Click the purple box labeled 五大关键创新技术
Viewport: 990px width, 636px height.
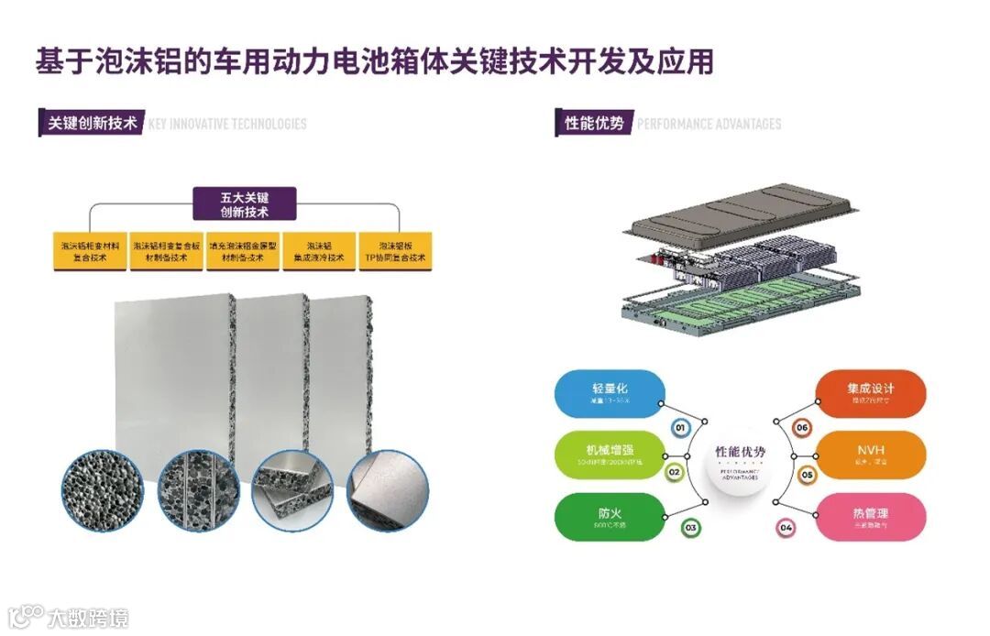click(244, 203)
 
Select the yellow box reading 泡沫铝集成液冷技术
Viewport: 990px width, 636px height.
click(319, 251)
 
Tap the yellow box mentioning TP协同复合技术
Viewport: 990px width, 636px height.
click(395, 251)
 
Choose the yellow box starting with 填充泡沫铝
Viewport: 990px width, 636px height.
click(242, 251)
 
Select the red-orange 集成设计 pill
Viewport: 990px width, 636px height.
click(871, 394)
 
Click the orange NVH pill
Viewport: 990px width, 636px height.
click(871, 455)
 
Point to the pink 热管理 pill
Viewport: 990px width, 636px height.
click(871, 517)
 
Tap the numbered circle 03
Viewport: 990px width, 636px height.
click(690, 528)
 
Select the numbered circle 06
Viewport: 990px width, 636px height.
click(802, 427)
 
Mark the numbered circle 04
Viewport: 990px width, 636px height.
click(786, 528)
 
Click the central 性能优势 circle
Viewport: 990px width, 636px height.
click(740, 457)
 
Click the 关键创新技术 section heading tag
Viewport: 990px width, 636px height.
click(92, 123)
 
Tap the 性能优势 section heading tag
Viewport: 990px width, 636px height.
click(594, 123)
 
